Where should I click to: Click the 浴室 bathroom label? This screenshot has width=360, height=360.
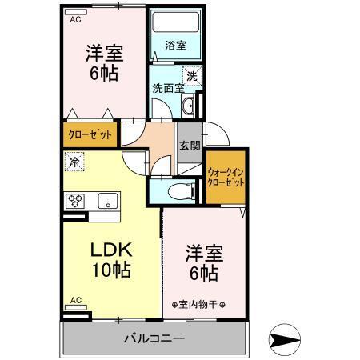[x=175, y=46]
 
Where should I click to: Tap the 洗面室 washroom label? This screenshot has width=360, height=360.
[x=168, y=88]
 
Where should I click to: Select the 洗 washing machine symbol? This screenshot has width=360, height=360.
[x=192, y=76]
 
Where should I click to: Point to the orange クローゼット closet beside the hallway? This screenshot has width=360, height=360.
[x=90, y=133]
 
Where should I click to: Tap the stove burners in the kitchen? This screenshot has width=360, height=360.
[x=77, y=201]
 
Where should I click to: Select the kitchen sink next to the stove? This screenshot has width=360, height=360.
[x=106, y=200]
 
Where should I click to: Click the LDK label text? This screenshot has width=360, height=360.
[x=110, y=249]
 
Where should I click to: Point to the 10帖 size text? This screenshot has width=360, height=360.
[x=110, y=270]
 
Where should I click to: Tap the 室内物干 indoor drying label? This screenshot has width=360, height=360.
[x=198, y=305]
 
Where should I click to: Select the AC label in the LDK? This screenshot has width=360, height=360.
[x=75, y=300]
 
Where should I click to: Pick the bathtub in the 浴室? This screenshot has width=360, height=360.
[x=174, y=27]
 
